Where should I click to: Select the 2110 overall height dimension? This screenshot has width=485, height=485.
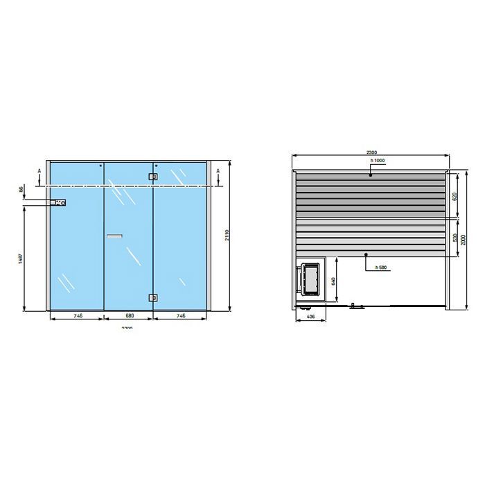click(x=227, y=237)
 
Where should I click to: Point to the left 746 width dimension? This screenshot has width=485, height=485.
click(x=78, y=315)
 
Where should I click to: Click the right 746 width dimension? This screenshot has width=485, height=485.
click(x=180, y=315)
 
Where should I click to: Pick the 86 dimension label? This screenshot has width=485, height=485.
click(x=21, y=188)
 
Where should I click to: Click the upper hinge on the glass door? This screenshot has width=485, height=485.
click(x=152, y=177)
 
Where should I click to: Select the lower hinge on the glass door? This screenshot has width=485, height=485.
click(x=152, y=298)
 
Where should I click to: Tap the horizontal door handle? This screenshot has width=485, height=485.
click(x=113, y=237)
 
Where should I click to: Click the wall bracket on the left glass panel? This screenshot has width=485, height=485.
click(x=59, y=203)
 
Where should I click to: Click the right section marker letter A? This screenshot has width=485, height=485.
click(x=219, y=170)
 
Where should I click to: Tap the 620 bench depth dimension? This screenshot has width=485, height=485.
click(x=455, y=196)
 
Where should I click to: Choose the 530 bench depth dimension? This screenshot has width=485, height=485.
click(x=455, y=238)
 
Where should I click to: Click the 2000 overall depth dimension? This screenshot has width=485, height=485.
click(x=464, y=239)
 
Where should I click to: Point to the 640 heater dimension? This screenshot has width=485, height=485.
click(x=333, y=281)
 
